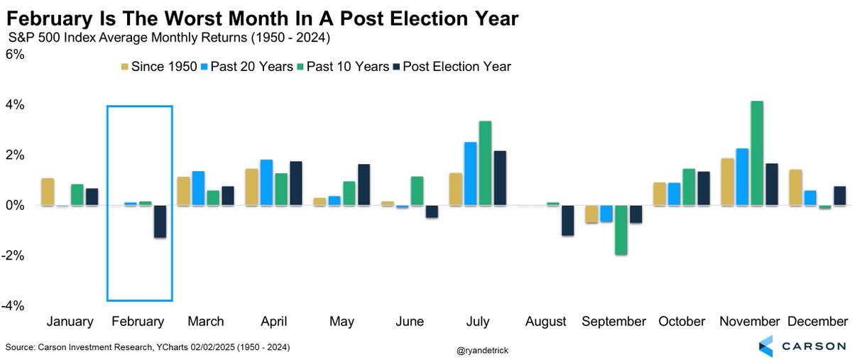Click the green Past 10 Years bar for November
point(757,153)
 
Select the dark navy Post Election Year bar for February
point(160,222)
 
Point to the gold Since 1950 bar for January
point(48,192)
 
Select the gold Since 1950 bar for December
point(796,187)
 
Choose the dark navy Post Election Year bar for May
point(364,185)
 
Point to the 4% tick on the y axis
point(15,105)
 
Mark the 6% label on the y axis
point(15,55)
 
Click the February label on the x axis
point(138,322)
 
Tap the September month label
point(614,322)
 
